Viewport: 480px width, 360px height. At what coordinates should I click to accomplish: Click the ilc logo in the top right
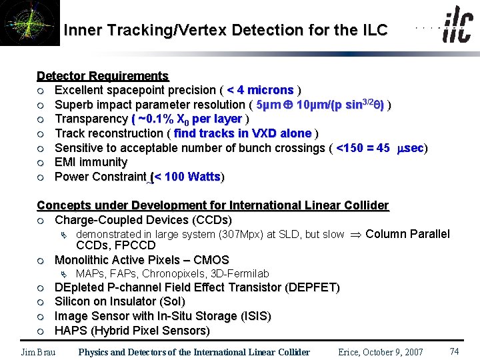pyautogui.click(x=457, y=27)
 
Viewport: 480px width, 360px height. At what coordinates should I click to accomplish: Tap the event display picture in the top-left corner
pyautogui.click(x=29, y=23)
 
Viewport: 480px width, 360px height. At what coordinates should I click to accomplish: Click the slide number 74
pyautogui.click(x=455, y=351)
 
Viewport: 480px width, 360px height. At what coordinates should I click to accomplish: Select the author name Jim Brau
pyautogui.click(x=38, y=352)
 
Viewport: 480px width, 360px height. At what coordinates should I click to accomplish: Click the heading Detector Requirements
pyautogui.click(x=103, y=76)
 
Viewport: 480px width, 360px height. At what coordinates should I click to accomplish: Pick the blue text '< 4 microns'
pyautogui.click(x=260, y=90)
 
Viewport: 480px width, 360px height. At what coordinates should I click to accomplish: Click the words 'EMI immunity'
pyautogui.click(x=91, y=162)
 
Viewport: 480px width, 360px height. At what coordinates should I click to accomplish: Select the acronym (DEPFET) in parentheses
pyautogui.click(x=312, y=288)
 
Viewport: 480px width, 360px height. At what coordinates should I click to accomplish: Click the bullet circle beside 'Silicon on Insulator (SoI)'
pyautogui.click(x=41, y=302)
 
